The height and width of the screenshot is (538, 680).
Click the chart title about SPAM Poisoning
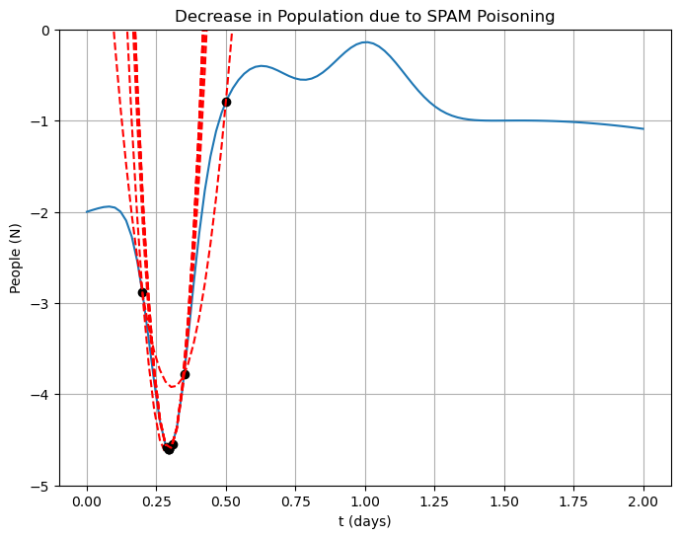point(364,16)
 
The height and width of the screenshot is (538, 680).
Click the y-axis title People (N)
point(16,259)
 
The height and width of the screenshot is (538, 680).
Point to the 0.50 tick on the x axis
point(226,502)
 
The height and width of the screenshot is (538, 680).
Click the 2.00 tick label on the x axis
point(643,502)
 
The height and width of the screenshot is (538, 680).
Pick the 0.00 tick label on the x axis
point(87,502)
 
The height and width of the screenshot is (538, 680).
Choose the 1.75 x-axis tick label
point(573,502)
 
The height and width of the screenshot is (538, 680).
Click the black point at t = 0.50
point(226,102)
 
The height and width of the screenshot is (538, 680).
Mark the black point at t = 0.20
point(142,292)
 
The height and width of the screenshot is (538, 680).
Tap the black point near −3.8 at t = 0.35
point(185,374)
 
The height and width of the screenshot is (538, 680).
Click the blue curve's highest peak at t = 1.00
point(365,42)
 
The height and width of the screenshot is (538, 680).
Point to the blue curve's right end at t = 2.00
point(643,129)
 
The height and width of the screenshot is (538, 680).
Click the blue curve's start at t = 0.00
point(87,212)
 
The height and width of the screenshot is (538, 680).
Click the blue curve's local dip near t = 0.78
point(304,80)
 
